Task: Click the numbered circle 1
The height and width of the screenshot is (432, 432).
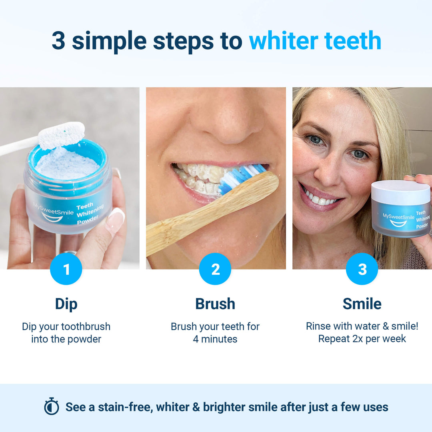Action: pos(66,269)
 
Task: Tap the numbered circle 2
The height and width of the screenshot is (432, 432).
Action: pos(215,269)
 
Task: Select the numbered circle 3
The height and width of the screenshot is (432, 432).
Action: pos(362,269)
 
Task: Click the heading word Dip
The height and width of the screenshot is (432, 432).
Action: pos(66,304)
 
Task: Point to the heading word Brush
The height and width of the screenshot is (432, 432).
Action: pos(215,304)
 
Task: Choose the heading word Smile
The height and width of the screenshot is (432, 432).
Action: pos(362,304)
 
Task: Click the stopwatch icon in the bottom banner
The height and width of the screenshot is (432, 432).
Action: pos(52,407)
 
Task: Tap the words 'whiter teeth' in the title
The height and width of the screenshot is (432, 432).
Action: pos(315,41)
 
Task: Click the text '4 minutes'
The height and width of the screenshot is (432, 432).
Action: pos(215,339)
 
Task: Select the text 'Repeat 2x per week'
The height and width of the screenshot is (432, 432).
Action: pos(362,339)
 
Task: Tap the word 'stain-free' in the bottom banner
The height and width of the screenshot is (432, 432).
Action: pos(129,407)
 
